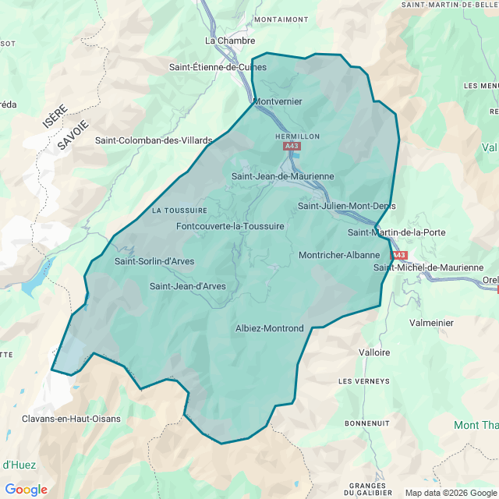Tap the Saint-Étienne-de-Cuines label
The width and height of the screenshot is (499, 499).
[x=218, y=67]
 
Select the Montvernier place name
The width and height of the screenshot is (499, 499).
[x=278, y=101]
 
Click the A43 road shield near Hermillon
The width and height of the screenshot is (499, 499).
[x=292, y=146]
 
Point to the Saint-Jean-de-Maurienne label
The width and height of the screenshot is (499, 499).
[x=282, y=177]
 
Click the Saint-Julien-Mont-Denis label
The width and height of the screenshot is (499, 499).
[x=346, y=206]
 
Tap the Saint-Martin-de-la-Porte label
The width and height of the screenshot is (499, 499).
[x=397, y=232]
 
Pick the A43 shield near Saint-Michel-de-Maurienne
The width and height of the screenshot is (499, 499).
[x=398, y=255]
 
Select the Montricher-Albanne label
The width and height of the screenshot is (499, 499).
[x=339, y=255]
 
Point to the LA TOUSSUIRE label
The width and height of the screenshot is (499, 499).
[x=179, y=211]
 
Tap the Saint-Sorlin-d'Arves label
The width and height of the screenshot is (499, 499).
[x=154, y=261]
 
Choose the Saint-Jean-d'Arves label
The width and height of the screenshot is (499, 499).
[x=188, y=286]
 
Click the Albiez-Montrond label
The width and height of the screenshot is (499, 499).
[x=269, y=329]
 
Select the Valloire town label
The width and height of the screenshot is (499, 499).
[x=374, y=352]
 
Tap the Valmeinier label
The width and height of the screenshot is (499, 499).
[x=431, y=322]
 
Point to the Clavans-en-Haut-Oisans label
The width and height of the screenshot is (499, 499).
[x=71, y=419]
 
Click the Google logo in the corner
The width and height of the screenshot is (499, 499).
[x=26, y=490]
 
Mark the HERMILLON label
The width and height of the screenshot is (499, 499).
[x=298, y=136]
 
